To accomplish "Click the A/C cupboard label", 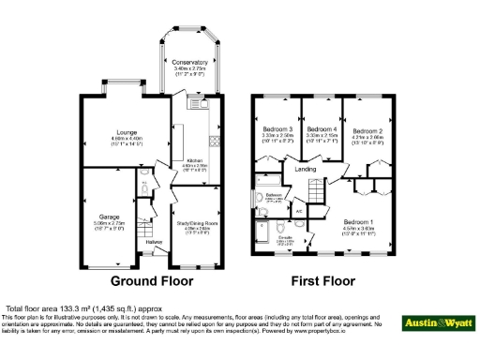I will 298,211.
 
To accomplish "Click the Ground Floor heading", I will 152,280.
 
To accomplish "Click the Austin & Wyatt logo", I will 438,323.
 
